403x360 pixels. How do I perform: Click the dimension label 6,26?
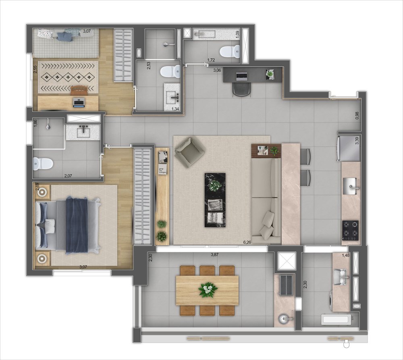coord(247,242)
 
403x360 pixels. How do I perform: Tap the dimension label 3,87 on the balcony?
coord(214,254)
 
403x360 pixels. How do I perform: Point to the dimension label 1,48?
coord(345,255)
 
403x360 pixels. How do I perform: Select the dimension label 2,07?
coord(68,176)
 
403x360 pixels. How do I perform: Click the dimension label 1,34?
coord(175,109)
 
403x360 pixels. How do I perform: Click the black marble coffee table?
coord(215,200)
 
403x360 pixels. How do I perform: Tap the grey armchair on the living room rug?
coord(189,152)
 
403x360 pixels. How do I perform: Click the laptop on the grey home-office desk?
coord(241,76)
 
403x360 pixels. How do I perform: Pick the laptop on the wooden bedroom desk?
coord(79,102)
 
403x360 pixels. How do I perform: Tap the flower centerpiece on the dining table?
coord(208,290)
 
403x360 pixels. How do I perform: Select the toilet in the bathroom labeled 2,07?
coord(43,164)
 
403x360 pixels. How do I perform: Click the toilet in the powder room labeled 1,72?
coord(230,52)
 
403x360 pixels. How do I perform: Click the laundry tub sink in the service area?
coord(341,277)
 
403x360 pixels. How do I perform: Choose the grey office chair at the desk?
coord(241,90)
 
